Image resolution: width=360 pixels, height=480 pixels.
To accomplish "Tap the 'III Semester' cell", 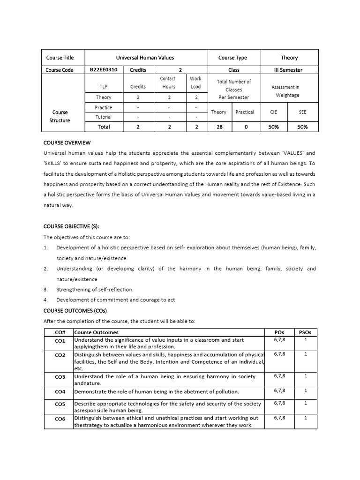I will (x=288, y=70).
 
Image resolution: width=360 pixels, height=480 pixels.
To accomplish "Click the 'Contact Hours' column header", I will (x=168, y=82).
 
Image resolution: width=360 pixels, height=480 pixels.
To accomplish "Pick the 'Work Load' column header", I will (x=195, y=82).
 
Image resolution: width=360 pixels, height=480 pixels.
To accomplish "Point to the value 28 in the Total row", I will (x=219, y=127).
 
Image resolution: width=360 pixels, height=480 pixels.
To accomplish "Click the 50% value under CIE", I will (x=274, y=127).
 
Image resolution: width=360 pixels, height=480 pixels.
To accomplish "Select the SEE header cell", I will (x=302, y=112).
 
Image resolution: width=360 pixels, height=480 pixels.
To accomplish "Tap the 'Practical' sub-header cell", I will (x=245, y=112).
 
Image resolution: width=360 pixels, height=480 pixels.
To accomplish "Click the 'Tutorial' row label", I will (x=104, y=117).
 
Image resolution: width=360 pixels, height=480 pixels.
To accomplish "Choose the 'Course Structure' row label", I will (x=60, y=116).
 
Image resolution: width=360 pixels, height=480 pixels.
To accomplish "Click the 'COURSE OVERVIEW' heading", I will (x=67, y=142).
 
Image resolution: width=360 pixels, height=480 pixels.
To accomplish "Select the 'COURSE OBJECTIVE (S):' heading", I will (x=71, y=226).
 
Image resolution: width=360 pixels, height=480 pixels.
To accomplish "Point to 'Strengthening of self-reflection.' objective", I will (x=95, y=289).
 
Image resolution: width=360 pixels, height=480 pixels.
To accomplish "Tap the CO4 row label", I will (x=60, y=391).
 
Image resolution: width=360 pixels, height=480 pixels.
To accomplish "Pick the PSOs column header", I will (x=305, y=332).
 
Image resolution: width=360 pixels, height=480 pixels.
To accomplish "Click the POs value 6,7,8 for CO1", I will (x=280, y=340).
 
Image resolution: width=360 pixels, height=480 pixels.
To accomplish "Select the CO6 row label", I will (x=60, y=419).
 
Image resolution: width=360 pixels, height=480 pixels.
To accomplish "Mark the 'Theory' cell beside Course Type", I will (x=289, y=58).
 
